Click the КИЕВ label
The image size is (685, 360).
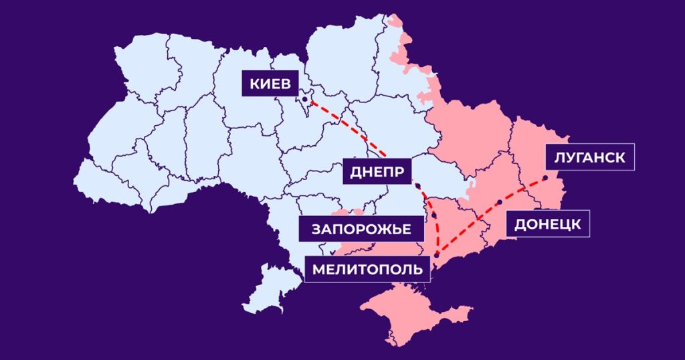coord(270,85)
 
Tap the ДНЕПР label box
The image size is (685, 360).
coord(377,173)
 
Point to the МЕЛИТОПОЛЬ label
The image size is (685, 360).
coord(367,269)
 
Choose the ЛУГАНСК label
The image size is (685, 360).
coord(589,158)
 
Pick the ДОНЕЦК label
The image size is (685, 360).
coord(547,223)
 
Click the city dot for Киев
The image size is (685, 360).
coord(305,99)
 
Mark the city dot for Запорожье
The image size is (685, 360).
coord(434,215)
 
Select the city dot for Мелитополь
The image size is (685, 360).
coord(436,254)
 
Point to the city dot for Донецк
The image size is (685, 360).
coord(499,201)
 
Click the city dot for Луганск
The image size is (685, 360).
coord(545,178)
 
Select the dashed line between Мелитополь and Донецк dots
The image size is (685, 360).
coord(468,228)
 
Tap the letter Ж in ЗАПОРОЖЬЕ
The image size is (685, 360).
coord(377,230)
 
